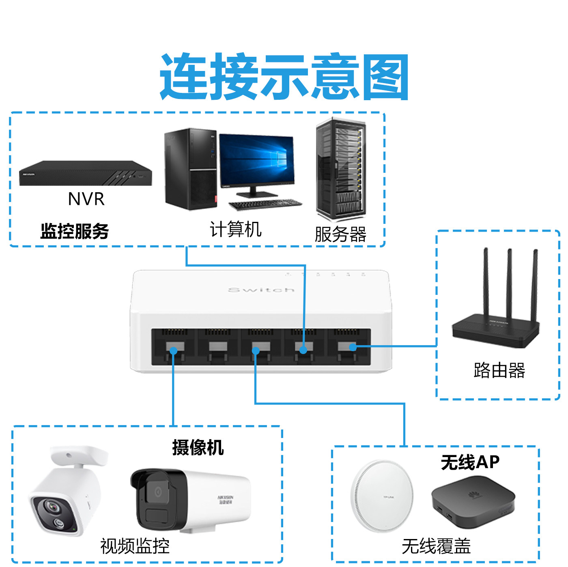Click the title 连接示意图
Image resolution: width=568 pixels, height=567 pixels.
[x=284, y=77]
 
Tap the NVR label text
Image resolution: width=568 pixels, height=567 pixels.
[x=86, y=199]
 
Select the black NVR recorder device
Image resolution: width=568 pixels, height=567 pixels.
[x=85, y=174]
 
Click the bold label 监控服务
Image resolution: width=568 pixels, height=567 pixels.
[x=75, y=231]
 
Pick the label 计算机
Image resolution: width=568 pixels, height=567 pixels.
[x=236, y=229]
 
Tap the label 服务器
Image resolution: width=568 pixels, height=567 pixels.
[x=341, y=234]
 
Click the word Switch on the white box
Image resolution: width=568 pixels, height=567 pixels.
[x=261, y=290]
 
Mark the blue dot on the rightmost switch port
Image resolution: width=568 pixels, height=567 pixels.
[x=353, y=347]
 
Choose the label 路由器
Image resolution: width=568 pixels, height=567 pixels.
[x=499, y=370]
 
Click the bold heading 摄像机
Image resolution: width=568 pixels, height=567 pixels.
[x=198, y=448]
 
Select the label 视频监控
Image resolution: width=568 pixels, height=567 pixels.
[x=135, y=546]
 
